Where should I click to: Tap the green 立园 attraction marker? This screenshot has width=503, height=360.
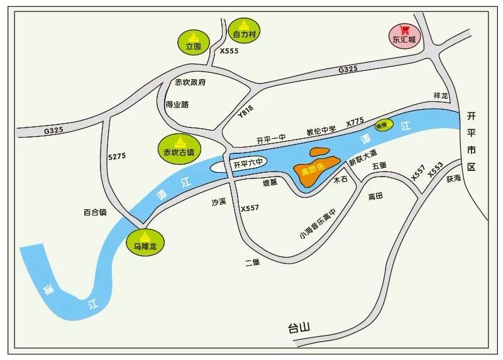pos(194,42)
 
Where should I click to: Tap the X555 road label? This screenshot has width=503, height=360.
pos(229,52)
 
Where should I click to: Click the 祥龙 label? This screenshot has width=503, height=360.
pos(441,95)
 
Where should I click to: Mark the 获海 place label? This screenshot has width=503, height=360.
pos(454,178)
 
